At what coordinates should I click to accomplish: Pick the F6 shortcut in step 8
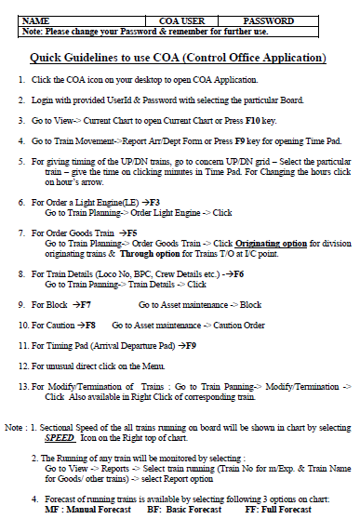pos(236,274)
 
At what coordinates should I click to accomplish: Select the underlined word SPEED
pos(60,435)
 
